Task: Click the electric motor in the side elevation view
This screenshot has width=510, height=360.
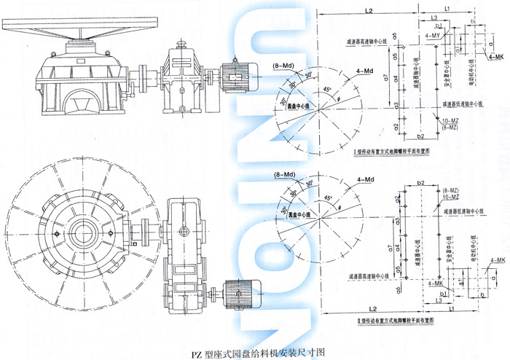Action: [241, 74]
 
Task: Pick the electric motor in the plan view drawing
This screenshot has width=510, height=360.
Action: [241, 291]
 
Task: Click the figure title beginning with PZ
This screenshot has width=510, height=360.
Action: [255, 351]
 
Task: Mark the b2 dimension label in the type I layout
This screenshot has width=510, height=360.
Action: [420, 136]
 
